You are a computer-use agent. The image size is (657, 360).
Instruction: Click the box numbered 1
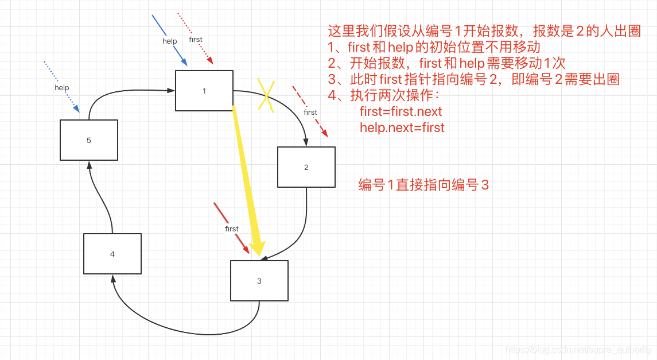pyautogui.click(x=204, y=91)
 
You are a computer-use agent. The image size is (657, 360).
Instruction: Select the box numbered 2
pyautogui.click(x=306, y=167)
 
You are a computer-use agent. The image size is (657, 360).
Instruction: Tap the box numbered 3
pyautogui.click(x=259, y=281)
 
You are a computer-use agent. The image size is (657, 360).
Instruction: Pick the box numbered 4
pyautogui.click(x=112, y=254)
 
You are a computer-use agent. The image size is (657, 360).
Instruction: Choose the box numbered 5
pyautogui.click(x=88, y=140)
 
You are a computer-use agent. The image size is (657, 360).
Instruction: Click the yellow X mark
pyautogui.click(x=265, y=94)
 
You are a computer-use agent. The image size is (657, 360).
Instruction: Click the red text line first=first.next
pyautogui.click(x=401, y=111)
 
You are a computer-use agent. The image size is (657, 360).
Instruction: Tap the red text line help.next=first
pyautogui.click(x=402, y=127)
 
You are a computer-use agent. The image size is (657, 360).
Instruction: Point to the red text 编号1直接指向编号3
pyautogui.click(x=423, y=185)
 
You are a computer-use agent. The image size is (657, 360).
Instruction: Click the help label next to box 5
pyautogui.click(x=62, y=88)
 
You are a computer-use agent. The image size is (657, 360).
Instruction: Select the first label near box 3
pyautogui.click(x=232, y=229)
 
